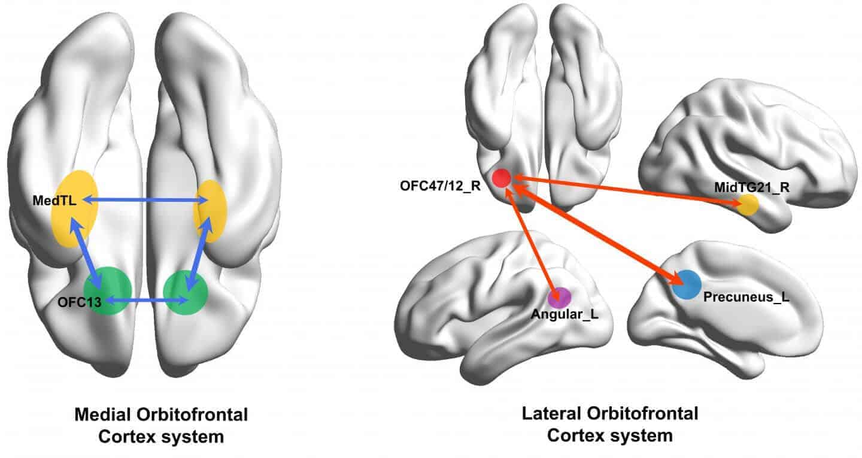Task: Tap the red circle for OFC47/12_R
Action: pyautogui.click(x=501, y=178)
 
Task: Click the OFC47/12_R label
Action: pyautogui.click(x=441, y=184)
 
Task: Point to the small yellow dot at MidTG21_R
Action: pyautogui.click(x=748, y=205)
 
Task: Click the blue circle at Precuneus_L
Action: pyautogui.click(x=686, y=284)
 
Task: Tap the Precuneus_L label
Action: pyautogui.click(x=743, y=296)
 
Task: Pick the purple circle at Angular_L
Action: pyautogui.click(x=560, y=297)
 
